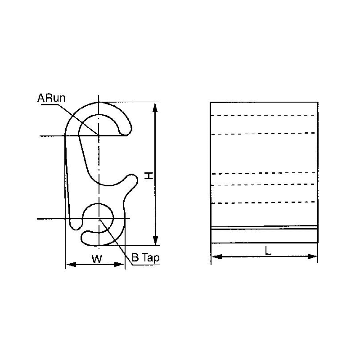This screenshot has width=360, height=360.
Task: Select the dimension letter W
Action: (95, 259)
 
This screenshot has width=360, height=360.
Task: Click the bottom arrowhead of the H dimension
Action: (156, 241)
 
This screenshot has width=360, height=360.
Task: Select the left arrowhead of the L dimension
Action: (215, 256)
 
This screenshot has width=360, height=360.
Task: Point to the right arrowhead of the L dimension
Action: (314, 256)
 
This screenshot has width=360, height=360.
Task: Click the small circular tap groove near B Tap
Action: (99, 219)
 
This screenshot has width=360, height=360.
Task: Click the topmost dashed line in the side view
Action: (264, 115)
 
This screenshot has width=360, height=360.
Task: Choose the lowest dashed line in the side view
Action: (264, 203)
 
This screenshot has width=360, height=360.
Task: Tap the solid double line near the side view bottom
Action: (264, 228)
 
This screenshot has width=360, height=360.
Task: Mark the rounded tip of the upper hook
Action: (126, 130)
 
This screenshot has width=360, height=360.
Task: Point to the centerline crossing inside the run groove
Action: (99, 135)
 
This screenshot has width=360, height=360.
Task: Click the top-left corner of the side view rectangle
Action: (211, 103)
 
